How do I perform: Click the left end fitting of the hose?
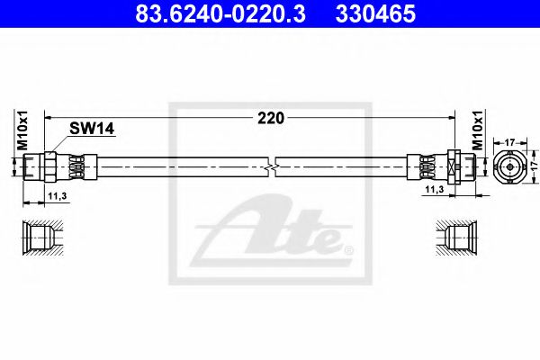54,166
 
